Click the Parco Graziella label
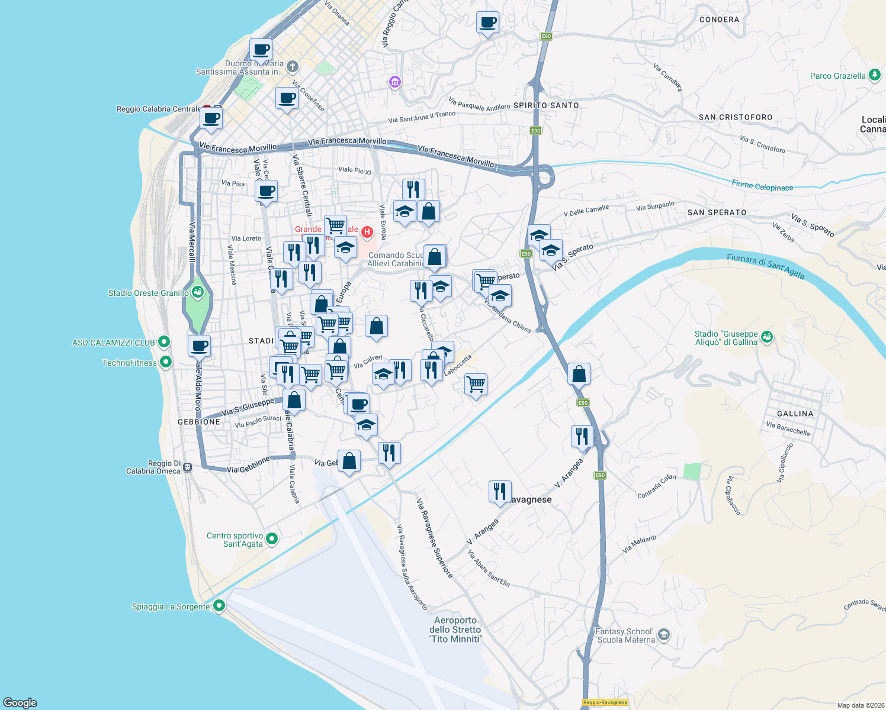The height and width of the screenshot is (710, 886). (837, 76)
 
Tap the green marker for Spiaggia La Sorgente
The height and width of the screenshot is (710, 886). (219, 606)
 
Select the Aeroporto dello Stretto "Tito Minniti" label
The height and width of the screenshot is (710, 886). (455, 630)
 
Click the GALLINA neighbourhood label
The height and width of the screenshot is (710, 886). (795, 414)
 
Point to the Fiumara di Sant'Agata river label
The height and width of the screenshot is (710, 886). (765, 266)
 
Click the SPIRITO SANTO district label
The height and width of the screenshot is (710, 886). (545, 105)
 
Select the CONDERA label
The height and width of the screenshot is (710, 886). (719, 20)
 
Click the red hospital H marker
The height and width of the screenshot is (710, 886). (367, 231)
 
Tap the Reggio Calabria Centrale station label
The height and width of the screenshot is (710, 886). (159, 109)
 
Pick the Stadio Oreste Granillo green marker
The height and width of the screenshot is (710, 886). (198, 292)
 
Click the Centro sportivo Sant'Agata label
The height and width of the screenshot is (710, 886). (235, 540)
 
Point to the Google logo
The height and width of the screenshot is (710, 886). (20, 702)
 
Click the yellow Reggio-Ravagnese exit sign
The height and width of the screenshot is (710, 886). (605, 702)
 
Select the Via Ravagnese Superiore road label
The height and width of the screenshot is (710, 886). (434, 538)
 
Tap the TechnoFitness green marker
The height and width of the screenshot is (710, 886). (166, 362)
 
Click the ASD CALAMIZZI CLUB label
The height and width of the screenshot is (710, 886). (113, 343)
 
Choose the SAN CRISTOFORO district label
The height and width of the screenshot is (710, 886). (735, 117)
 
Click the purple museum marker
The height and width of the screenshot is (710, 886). (395, 82)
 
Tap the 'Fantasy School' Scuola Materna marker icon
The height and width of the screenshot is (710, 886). (664, 635)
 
